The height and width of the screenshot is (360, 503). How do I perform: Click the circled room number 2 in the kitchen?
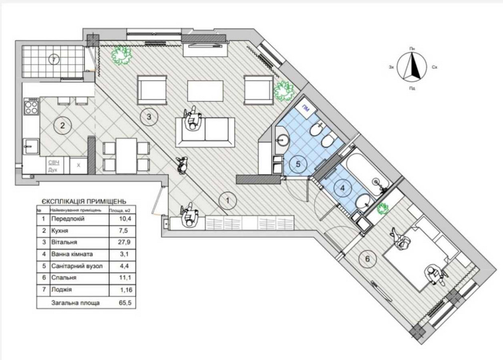pos(62,126)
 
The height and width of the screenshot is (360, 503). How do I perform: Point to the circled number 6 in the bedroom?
pos(367,259)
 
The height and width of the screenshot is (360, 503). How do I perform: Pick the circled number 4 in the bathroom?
pos(343,189)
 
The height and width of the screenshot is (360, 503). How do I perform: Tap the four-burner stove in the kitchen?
pos(31,108)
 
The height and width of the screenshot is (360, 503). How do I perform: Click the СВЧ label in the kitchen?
pos(54,162)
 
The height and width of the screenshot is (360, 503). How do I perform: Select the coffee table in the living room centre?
pos(205,91)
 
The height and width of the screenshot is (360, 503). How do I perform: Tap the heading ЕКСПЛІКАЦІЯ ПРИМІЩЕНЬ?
pos(80,200)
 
